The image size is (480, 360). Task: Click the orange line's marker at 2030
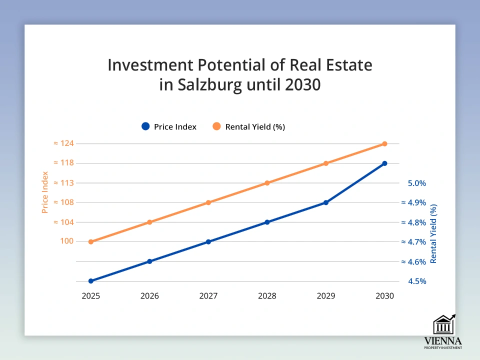click(384, 144)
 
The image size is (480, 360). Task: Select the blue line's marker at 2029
click(325, 202)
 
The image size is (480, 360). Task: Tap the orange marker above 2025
click(91, 242)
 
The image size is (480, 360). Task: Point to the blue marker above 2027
click(208, 242)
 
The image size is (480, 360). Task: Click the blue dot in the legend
click(145, 126)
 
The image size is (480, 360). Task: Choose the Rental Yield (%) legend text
click(255, 127)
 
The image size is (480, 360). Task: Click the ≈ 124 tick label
click(63, 144)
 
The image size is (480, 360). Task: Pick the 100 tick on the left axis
click(67, 241)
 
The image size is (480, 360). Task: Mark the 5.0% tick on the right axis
click(416, 183)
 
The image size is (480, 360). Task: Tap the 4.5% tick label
click(416, 281)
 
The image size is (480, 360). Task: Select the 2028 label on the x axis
click(267, 296)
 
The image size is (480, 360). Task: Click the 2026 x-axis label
click(149, 296)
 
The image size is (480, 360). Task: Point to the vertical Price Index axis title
click(45, 192)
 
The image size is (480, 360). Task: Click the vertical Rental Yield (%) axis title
click(433, 233)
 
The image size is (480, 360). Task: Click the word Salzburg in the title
click(210, 84)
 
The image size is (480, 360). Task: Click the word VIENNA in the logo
click(443, 341)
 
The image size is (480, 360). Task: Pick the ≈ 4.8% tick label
click(413, 222)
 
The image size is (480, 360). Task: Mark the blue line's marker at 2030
click(384, 163)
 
